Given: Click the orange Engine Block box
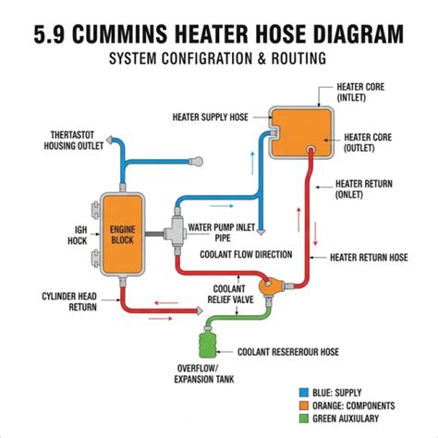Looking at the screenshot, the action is point(123,235).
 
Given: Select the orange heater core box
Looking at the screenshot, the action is point(301,132).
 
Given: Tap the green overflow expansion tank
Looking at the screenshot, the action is point(208,344).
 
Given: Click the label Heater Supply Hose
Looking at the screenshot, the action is point(210,117).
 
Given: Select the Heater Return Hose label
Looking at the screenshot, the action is point(369,257).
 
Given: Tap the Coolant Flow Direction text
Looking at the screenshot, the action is point(246,254).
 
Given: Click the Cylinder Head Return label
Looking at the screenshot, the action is point(69,301).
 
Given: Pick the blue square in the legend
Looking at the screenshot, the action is point(304,393).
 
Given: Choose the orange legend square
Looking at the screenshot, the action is point(304,406).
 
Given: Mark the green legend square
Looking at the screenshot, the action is point(304,419).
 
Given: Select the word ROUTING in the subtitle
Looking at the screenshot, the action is point(298,58).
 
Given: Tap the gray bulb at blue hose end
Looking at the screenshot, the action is point(196,161).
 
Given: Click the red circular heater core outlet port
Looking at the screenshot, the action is point(311,150).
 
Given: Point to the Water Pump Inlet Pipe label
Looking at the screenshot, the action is point(222,233).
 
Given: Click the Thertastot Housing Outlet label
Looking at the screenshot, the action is point(73,140).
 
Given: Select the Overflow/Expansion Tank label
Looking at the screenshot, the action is point(204,373).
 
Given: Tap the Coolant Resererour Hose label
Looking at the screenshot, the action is point(288,352).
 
